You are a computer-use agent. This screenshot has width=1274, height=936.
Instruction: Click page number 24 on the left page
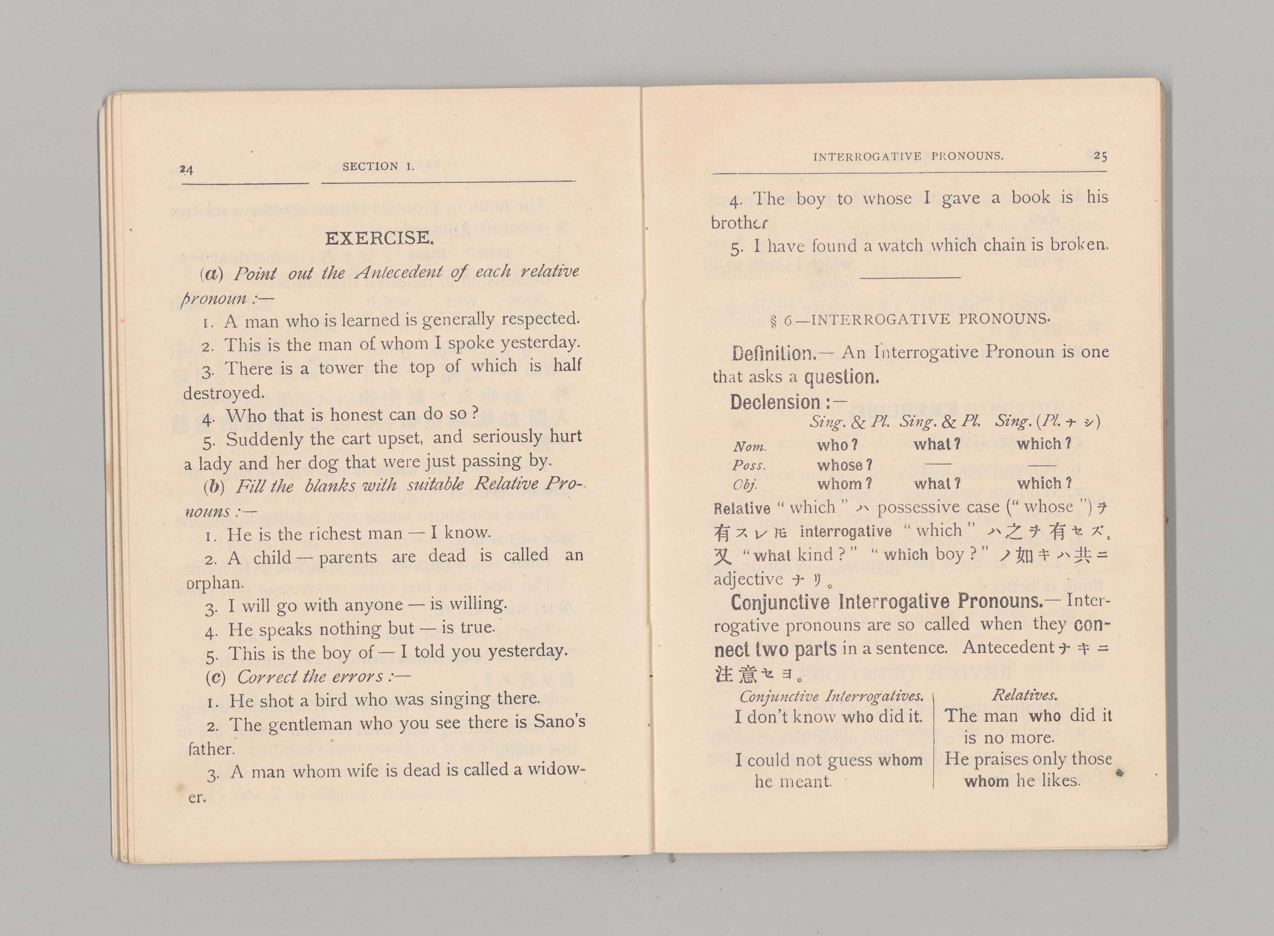coord(186,169)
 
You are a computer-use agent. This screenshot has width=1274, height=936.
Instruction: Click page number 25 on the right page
coord(1100,155)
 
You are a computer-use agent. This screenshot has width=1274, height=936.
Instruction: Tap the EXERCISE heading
coord(379,238)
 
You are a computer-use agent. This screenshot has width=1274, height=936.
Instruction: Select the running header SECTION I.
coord(378,166)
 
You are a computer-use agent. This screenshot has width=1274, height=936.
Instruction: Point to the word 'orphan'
coord(215,583)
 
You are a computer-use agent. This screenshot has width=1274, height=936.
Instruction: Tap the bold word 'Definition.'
coord(774,353)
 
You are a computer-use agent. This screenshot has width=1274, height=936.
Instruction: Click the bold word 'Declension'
coord(775,402)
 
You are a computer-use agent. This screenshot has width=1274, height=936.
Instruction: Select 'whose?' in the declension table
coord(844,465)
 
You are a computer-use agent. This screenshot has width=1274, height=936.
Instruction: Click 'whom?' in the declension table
coord(844,484)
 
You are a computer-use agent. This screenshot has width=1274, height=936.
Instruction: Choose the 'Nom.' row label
coord(749,446)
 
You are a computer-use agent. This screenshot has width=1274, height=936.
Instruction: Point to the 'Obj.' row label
coord(745,485)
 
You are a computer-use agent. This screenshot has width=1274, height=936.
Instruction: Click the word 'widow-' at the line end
coord(556,769)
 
